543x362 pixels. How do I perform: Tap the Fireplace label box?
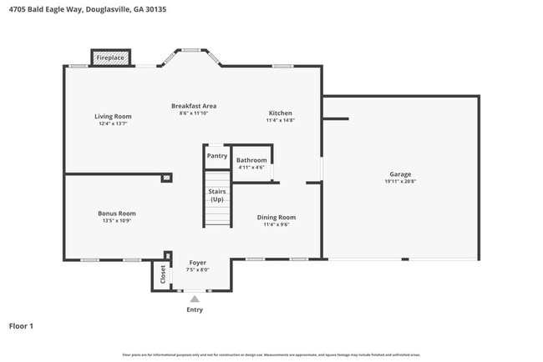point(109,58)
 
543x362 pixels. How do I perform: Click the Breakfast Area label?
point(194,106)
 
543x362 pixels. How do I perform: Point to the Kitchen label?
point(280,113)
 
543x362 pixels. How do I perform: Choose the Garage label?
point(400,174)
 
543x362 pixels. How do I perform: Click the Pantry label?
point(217,155)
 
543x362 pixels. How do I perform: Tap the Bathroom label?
point(251,160)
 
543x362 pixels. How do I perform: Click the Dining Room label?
point(276,217)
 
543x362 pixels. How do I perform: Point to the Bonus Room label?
point(116,214)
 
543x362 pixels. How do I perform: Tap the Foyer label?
point(197,263)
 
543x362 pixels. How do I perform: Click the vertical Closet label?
point(162,274)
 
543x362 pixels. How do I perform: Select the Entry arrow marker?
point(195,298)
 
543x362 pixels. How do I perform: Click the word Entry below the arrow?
point(195,309)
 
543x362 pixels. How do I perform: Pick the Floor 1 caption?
point(21,326)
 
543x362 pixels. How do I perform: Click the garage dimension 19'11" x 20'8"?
point(400,181)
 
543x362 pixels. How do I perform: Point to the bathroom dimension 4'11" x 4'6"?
point(251,168)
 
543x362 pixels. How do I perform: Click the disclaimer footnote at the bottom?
point(271,354)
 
